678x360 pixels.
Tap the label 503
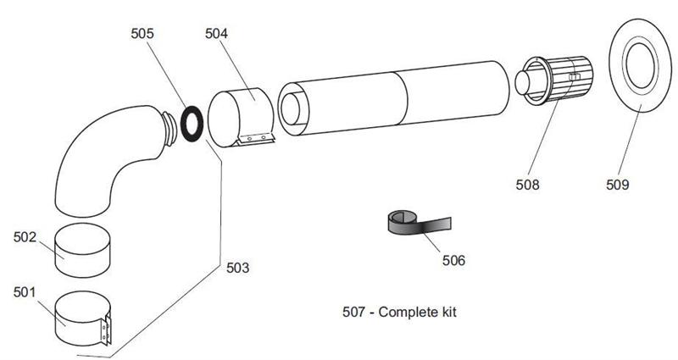(x=238, y=269)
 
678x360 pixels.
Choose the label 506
(x=453, y=259)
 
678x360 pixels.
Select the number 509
(x=618, y=182)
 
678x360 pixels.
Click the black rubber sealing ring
(x=191, y=122)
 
